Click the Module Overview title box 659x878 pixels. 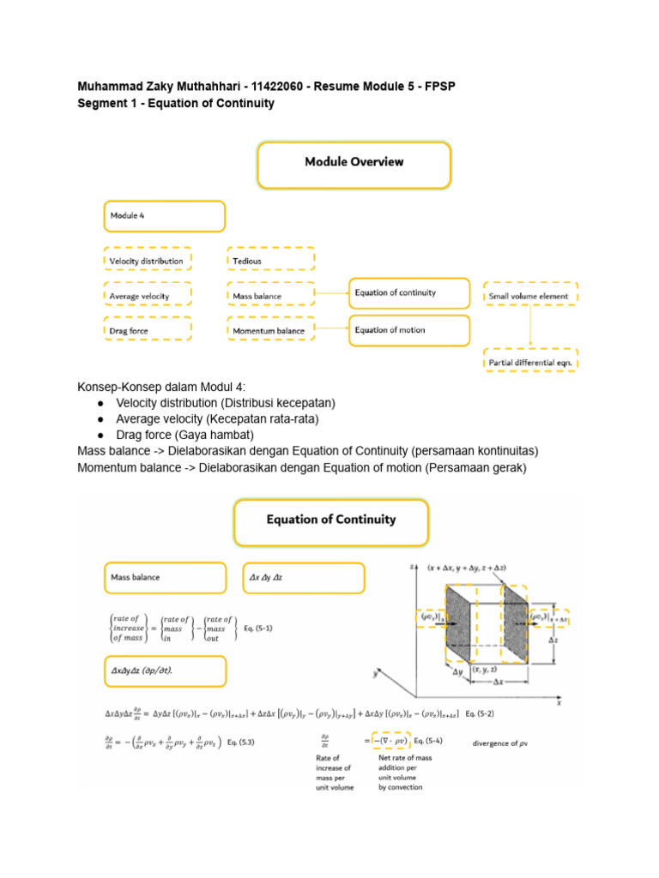point(354,165)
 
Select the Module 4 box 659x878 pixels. point(164,216)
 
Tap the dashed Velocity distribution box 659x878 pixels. point(147,260)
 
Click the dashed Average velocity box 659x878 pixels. point(147,296)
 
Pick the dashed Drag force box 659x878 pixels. point(147,329)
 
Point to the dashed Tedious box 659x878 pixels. point(270,260)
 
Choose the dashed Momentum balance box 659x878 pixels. point(270,330)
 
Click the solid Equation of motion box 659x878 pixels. point(409,330)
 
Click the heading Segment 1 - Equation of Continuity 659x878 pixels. point(176,104)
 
